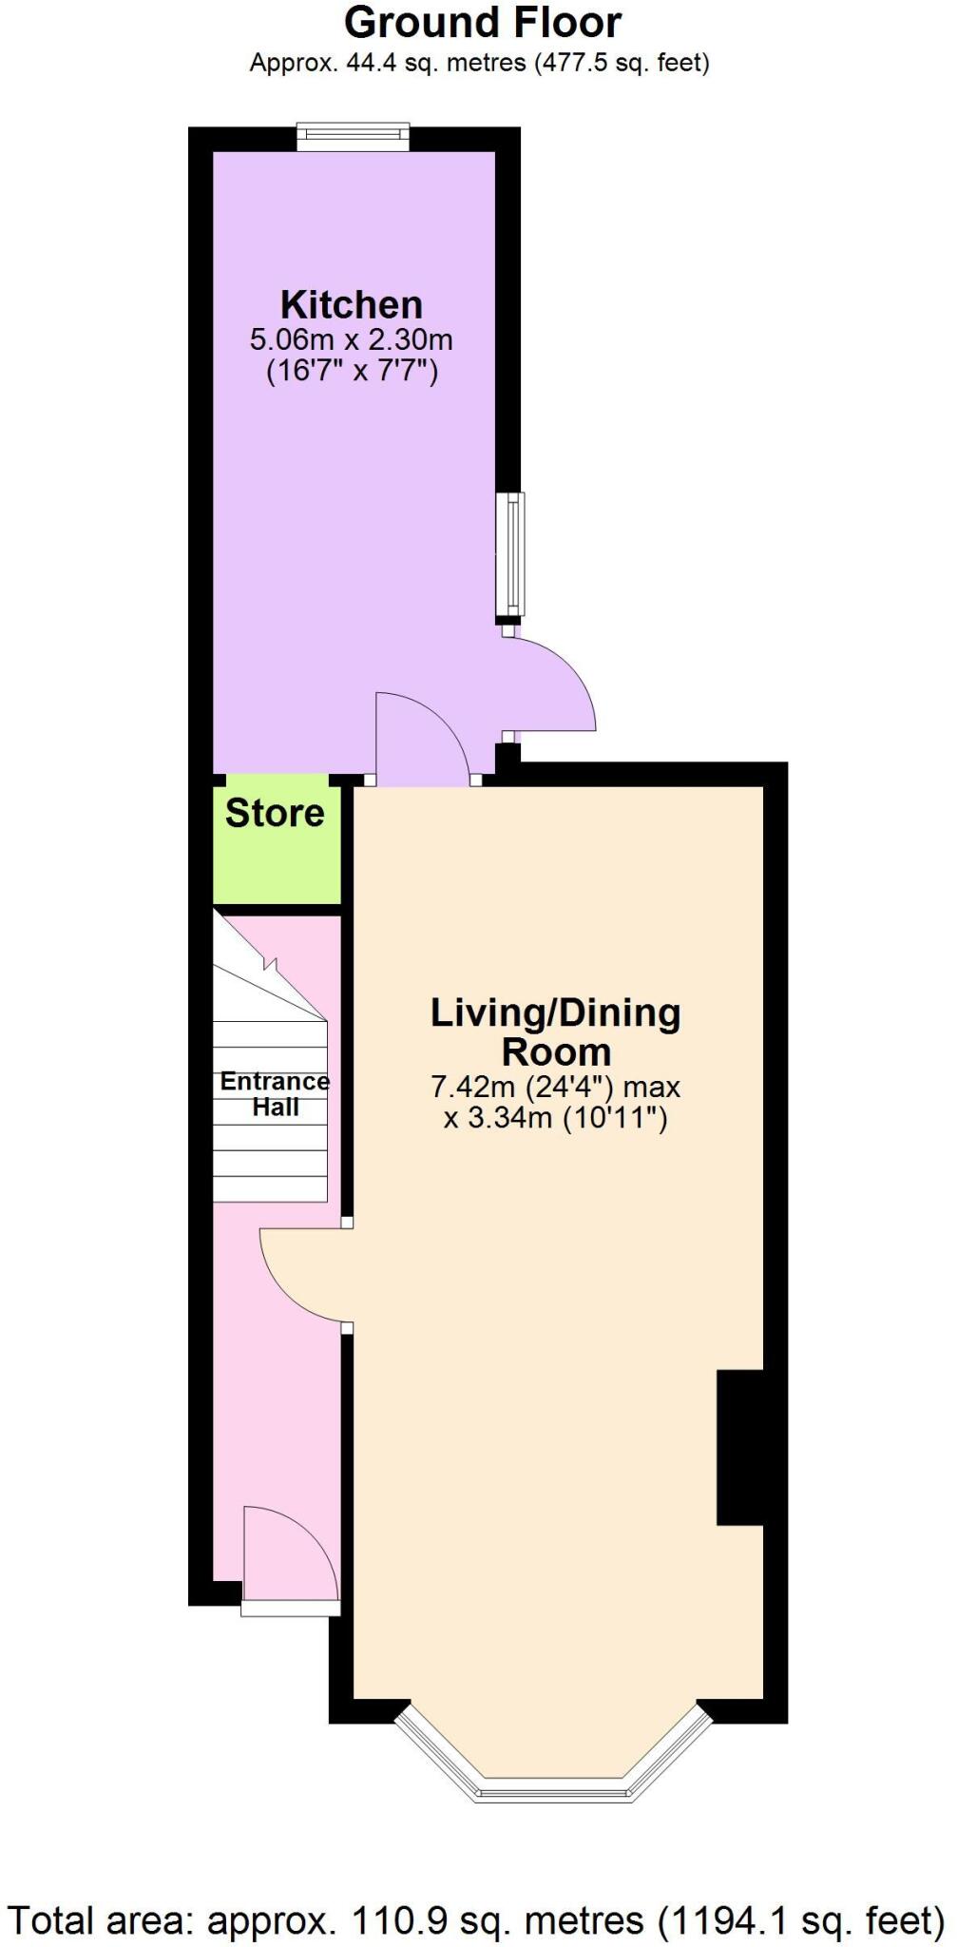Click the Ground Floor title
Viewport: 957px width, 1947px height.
(482, 23)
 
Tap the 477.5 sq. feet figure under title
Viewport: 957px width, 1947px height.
(623, 64)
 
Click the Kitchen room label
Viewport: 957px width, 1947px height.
(351, 305)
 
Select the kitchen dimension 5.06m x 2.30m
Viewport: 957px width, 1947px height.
(351, 339)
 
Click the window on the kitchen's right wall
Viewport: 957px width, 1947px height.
(513, 553)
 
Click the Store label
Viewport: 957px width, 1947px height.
(275, 814)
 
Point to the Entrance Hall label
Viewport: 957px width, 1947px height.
(275, 1094)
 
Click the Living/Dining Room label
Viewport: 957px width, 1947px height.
(556, 1032)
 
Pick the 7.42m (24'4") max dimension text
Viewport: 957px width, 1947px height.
(556, 1087)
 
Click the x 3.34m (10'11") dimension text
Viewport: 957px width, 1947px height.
(556, 1117)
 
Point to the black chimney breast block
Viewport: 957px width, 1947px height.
(740, 1447)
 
